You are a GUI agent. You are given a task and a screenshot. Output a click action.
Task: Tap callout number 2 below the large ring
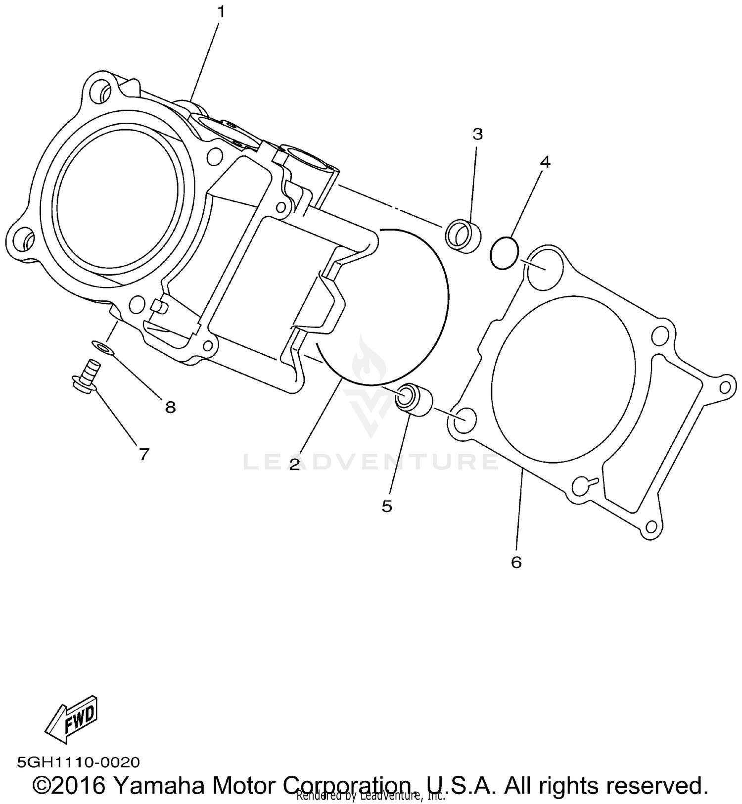(x=294, y=464)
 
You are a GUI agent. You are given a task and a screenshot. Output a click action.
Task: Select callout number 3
(x=477, y=134)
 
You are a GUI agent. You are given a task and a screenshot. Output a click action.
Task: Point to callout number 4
(x=545, y=162)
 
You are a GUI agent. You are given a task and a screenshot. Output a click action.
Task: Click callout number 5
(x=387, y=506)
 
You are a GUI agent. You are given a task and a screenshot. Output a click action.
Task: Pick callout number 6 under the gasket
(x=516, y=562)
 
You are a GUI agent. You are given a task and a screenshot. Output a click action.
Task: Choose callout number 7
(x=144, y=454)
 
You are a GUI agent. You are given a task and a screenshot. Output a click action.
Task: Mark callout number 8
(x=170, y=407)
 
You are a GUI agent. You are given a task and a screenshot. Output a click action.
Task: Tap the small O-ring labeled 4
(x=504, y=253)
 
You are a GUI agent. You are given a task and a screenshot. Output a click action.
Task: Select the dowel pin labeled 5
(x=414, y=397)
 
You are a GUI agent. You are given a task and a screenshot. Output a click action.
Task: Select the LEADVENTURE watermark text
(x=371, y=462)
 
